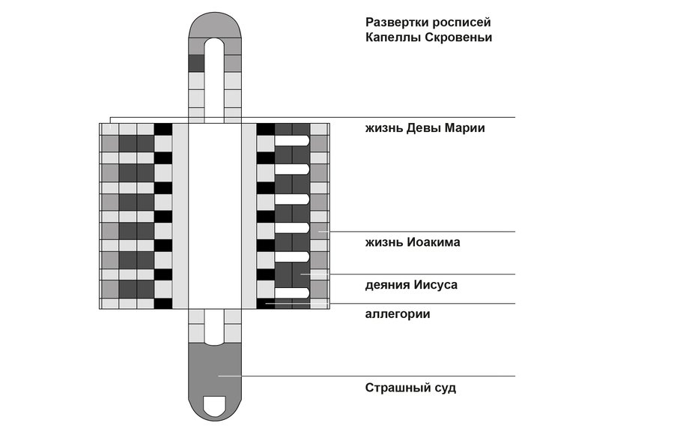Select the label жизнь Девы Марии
pos(425,128)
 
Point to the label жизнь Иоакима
pos(413,242)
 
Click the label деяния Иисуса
pos(411,285)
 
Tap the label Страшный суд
pos(410,388)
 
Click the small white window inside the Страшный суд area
pos(215,406)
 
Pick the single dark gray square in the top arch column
pos(196,63)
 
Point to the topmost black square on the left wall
pos(163,129)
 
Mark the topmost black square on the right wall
pos(266,129)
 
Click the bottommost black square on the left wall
pos(163,303)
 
